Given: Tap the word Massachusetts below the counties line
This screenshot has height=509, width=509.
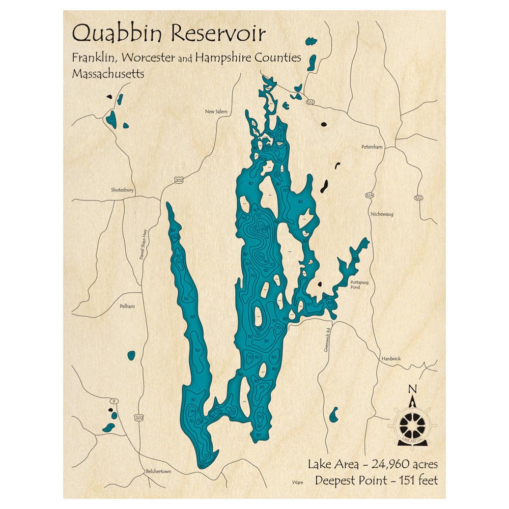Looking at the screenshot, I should click(107, 74).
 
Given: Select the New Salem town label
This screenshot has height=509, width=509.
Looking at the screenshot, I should click(216, 111).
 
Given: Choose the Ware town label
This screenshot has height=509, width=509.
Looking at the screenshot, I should click(298, 480).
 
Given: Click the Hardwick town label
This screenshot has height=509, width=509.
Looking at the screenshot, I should click(391, 359).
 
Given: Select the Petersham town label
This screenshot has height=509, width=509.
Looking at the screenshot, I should click(371, 147).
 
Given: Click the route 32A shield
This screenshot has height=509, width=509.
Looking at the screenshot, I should click(370, 195).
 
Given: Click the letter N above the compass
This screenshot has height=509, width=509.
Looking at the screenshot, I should click(413, 390).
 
